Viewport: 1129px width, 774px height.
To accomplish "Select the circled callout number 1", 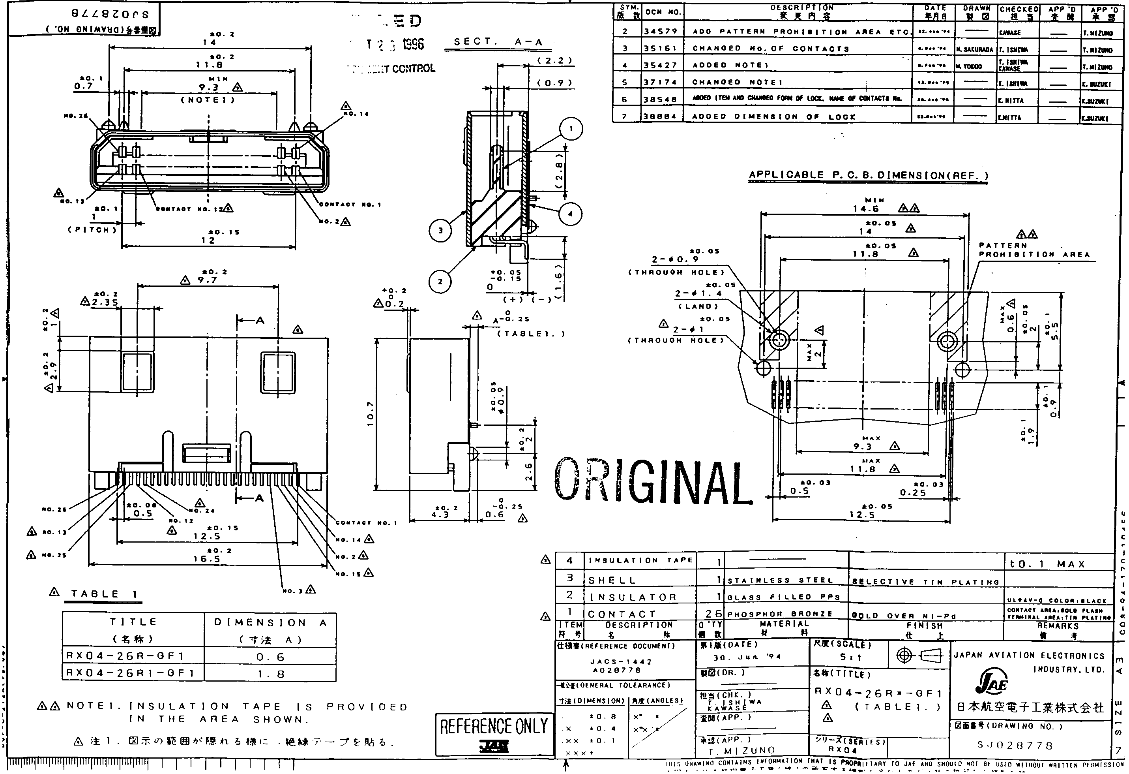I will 571,129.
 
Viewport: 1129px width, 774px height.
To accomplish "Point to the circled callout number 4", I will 570,214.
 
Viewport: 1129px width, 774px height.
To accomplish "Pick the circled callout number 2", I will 440,282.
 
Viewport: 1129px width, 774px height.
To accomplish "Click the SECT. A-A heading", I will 498,42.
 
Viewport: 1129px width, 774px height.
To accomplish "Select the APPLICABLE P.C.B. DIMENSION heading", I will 868,175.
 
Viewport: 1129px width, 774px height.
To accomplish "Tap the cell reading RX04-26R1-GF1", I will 130,673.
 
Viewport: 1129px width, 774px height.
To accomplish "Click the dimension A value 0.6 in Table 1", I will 271,657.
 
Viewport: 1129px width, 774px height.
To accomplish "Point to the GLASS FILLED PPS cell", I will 784,597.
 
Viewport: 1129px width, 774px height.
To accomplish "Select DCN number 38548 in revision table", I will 661,100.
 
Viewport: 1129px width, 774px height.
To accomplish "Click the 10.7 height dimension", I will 370,414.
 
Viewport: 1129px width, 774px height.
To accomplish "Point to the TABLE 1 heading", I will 104,594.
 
